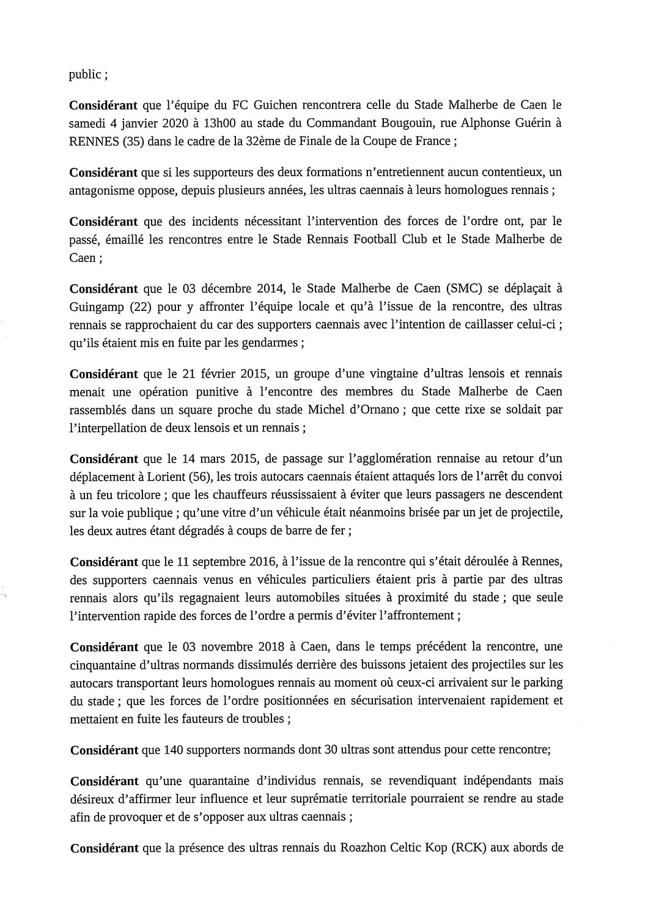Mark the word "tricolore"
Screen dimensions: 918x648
click(138, 494)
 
